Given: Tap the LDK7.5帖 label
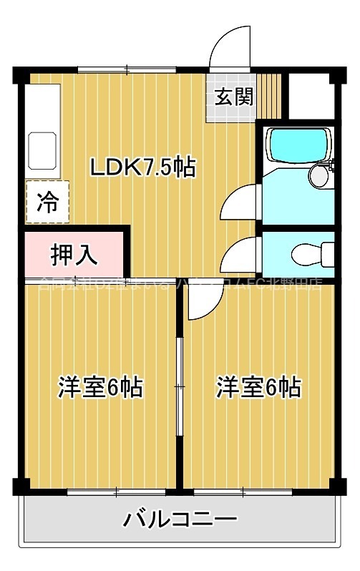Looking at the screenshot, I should (x=142, y=167).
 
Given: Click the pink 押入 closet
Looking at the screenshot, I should (x=74, y=253).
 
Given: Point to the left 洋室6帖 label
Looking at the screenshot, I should (x=99, y=387).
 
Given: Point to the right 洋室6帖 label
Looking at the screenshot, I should (x=258, y=387).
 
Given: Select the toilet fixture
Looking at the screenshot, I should (x=312, y=253).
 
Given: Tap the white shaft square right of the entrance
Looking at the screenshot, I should (x=309, y=96).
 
